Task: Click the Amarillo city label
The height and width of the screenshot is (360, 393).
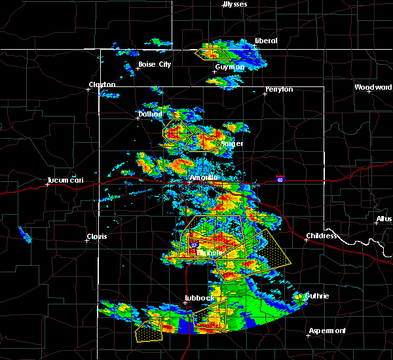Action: (x=202, y=177)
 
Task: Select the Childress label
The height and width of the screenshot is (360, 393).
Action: (x=322, y=236)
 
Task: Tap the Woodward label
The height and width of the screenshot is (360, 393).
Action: (x=373, y=87)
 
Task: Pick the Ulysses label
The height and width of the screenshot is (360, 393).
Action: (x=235, y=4)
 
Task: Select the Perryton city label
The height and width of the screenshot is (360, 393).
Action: (x=279, y=89)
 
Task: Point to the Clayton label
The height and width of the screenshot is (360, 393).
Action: (x=102, y=84)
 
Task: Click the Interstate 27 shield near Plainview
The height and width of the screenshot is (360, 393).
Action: (x=194, y=245)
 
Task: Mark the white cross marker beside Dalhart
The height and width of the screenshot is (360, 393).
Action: (x=139, y=118)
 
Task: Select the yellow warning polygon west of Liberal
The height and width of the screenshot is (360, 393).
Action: (x=215, y=53)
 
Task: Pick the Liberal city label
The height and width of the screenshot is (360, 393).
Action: (x=266, y=41)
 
